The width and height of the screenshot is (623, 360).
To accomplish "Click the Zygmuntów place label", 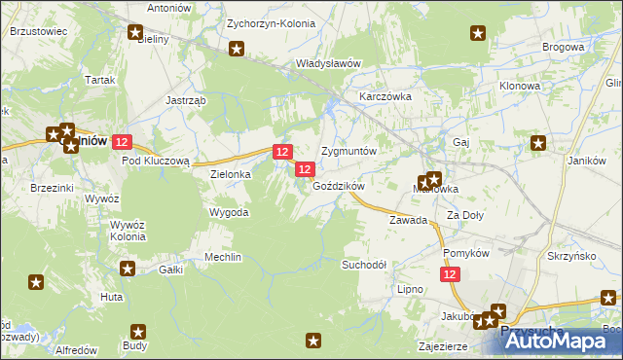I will pos(348,152).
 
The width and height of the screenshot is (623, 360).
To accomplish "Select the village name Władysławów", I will pos(328,64).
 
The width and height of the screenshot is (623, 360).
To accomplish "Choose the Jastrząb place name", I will pos(184,99).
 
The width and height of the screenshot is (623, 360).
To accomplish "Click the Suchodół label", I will pos(365,264).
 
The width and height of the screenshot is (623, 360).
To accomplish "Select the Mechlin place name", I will pos(222,257).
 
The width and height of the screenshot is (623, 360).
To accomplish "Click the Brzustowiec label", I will pos(38,31).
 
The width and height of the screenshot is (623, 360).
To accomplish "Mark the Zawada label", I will pos(409,220).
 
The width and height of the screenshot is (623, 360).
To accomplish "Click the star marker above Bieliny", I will pos(135,32).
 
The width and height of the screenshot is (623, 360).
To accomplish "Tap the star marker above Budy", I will pos(137,331).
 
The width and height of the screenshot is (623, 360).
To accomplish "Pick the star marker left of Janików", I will pos(538,144).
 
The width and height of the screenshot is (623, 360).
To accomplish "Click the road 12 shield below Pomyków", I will pos(449,276).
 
